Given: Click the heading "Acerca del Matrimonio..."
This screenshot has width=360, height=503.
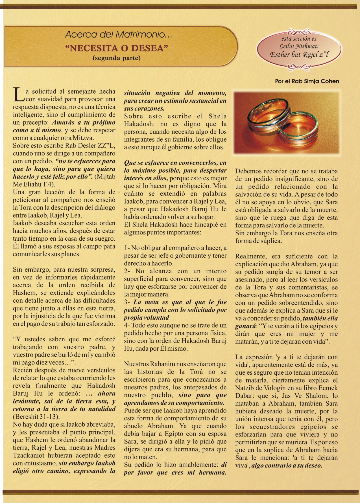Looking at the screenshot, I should click(119, 35).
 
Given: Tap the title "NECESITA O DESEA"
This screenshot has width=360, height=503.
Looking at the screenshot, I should click(117, 48).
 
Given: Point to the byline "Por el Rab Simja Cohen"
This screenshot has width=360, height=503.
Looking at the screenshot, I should click(307, 81).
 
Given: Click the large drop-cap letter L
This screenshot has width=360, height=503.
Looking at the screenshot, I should click(18, 95).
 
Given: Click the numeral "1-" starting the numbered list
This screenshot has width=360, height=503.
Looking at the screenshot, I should click(127, 248).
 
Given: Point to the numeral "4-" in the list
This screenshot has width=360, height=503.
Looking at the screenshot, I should click(127, 325).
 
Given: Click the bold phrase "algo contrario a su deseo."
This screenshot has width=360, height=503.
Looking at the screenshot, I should click(287, 465).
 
